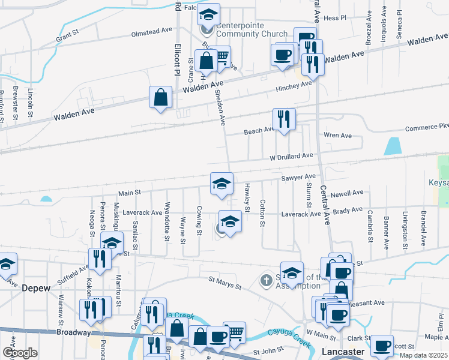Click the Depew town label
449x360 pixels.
coord(34,287)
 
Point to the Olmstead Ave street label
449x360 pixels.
coord(152,31)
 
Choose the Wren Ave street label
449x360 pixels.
coord(337,136)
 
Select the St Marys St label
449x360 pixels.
coord(224,280)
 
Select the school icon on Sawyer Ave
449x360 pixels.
coord(221,182)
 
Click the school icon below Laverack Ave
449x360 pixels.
coord(230,221)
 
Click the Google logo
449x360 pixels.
coord(20,353)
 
